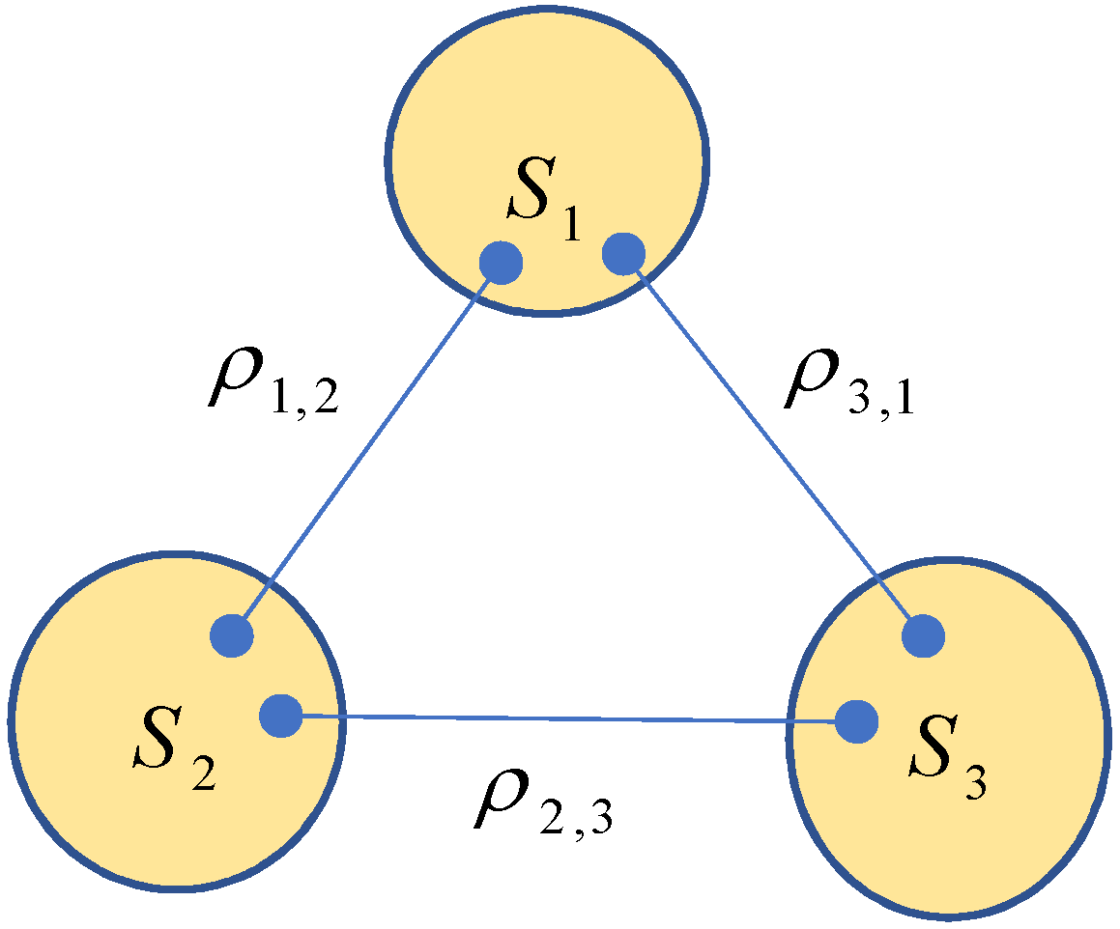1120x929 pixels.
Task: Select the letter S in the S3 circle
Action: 937,756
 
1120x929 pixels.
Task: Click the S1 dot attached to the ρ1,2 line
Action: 502,262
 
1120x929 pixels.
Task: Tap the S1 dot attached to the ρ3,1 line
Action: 622,253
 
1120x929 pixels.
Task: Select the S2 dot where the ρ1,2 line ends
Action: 232,635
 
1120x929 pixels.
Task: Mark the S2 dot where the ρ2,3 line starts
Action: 281,717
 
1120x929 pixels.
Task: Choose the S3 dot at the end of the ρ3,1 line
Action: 923,636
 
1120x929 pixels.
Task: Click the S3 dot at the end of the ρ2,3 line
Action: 856,721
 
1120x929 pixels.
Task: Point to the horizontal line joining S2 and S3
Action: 570,718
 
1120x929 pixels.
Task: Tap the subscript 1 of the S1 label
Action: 572,225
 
